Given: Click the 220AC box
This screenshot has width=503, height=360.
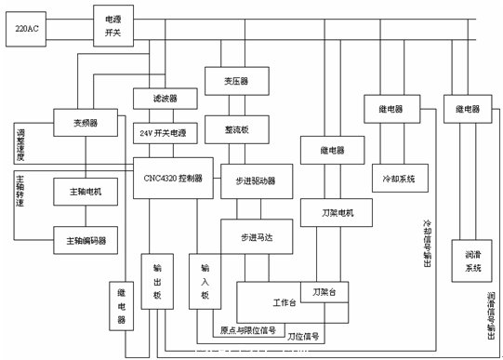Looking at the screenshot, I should pyautogui.click(x=27, y=30).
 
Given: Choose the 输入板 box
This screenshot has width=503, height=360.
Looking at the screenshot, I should pyautogui.click(x=206, y=282).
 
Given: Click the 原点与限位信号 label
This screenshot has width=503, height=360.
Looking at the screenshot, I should pyautogui.click(x=247, y=329).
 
